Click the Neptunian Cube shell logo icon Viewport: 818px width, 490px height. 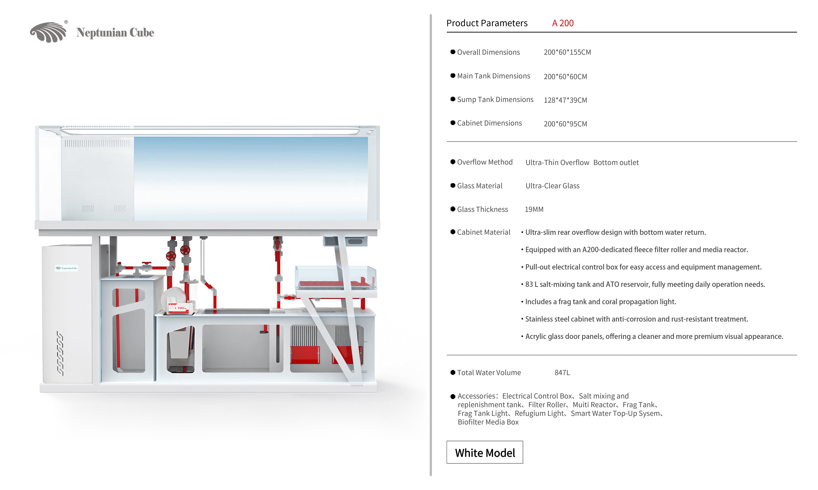(48, 32)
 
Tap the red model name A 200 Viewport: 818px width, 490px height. (563, 23)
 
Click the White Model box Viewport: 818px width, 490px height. (484, 452)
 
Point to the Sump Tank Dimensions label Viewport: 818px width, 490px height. (495, 99)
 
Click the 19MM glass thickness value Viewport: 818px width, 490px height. (534, 209)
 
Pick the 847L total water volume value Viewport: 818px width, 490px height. (562, 372)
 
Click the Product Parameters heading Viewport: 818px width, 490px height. (487, 23)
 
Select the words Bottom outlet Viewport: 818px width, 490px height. (616, 162)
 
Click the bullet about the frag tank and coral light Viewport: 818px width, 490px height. (600, 302)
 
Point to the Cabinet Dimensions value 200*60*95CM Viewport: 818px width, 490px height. (565, 124)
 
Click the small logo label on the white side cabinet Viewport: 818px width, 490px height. (66, 268)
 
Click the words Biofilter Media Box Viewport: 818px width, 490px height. (488, 422)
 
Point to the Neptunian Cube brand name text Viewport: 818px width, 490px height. (115, 32)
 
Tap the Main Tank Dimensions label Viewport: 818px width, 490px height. (493, 76)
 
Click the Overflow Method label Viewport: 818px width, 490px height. (484, 162)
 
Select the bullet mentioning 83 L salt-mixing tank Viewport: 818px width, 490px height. (645, 284)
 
